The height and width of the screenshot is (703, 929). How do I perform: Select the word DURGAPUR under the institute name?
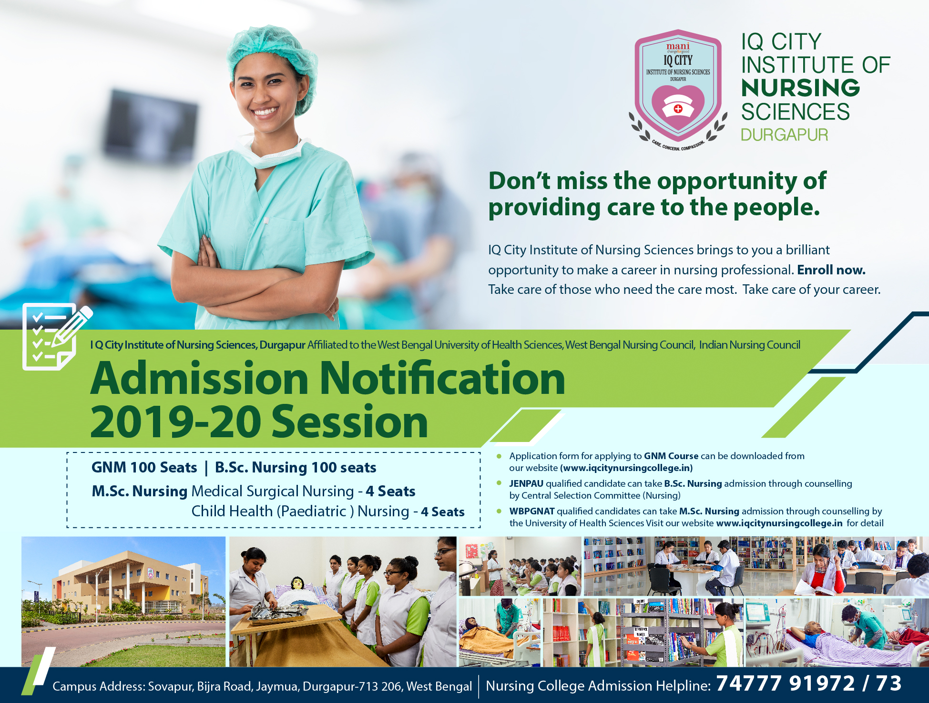785,135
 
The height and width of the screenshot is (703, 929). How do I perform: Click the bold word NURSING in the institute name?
800,88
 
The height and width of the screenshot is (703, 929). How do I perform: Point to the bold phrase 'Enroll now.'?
831,270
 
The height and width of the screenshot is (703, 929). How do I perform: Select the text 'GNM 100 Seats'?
144,467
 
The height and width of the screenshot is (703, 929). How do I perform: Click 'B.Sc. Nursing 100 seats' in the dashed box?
296,467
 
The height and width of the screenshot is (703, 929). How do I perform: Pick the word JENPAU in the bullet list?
526,483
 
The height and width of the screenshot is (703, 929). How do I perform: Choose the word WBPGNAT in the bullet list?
532,511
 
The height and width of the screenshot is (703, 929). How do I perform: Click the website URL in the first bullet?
626,468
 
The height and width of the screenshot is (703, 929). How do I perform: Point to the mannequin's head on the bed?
297,583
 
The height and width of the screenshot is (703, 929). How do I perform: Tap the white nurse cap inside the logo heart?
678,106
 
